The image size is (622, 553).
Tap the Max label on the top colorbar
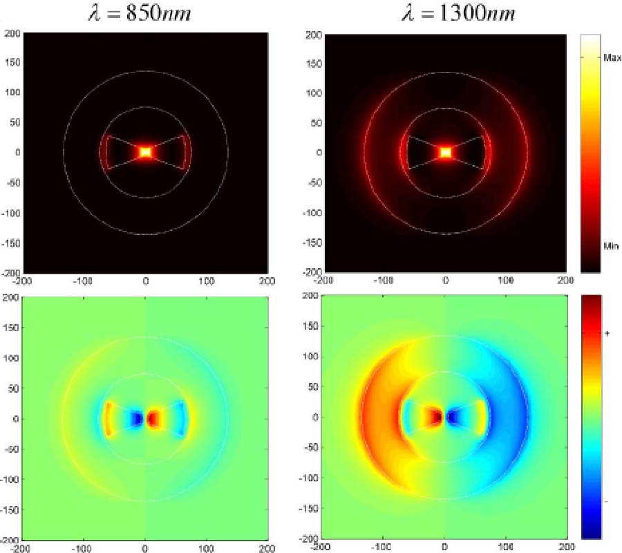612,58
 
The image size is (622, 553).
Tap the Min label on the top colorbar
611,245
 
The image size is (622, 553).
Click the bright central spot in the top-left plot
145,152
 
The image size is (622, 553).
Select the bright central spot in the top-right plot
446,152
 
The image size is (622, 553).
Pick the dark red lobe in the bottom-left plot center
153,418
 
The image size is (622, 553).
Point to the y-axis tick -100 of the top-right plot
313,212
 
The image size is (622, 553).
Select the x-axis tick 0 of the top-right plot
446,281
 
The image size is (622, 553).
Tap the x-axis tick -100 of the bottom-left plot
84,547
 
